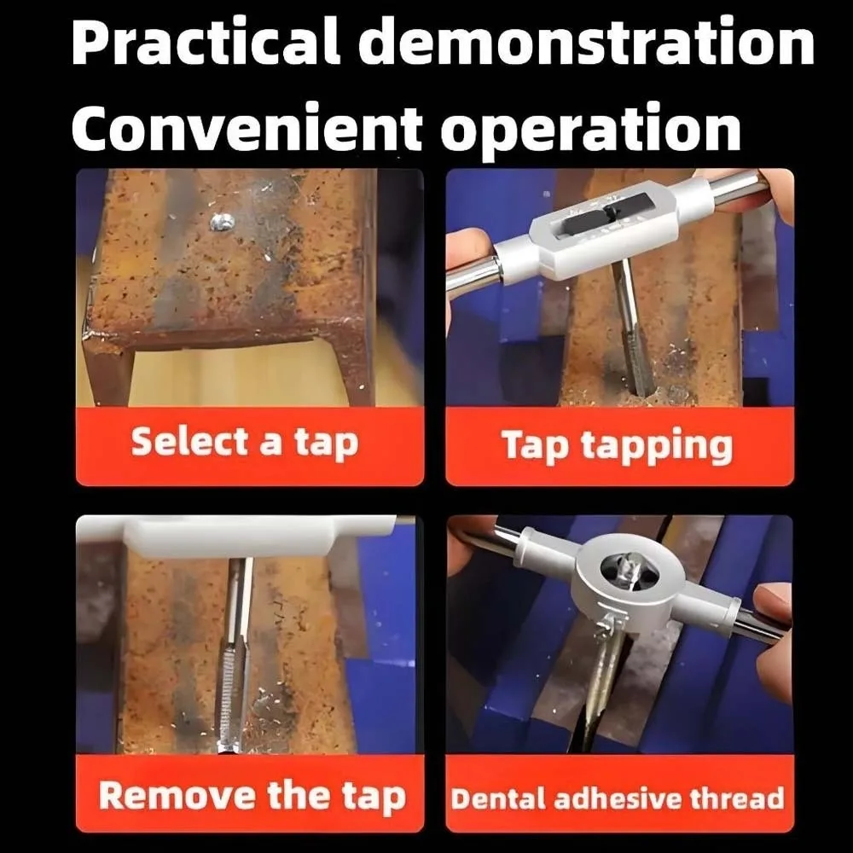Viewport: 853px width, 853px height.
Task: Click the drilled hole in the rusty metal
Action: [223, 221]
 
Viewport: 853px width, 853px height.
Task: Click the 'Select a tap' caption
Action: [245, 442]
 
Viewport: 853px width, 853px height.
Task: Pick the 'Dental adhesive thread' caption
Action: [618, 798]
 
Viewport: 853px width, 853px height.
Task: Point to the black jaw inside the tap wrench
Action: [592, 218]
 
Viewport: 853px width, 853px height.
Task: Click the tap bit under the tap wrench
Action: [631, 328]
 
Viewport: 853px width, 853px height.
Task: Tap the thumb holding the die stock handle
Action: [773, 605]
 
